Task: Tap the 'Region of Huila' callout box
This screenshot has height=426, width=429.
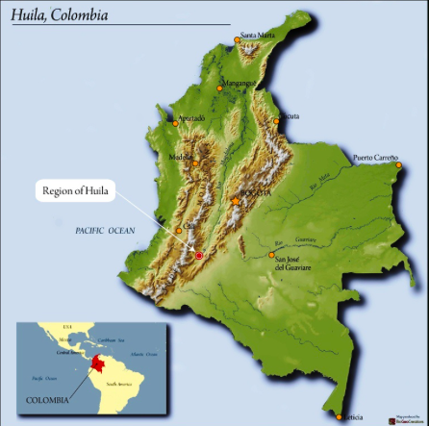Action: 78,191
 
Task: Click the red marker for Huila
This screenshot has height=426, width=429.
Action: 199,256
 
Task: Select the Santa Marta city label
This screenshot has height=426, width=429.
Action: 258,36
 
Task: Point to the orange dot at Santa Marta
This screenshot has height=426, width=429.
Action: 238,40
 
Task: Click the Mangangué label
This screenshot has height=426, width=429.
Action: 240,83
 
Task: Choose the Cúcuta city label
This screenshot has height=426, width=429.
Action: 288,115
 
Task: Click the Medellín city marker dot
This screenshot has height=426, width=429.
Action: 196,163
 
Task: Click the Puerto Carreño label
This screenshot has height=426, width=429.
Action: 375,157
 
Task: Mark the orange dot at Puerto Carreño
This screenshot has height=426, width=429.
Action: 397,164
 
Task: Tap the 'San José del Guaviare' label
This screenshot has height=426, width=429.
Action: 293,263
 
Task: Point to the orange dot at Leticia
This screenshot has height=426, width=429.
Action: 340,416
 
